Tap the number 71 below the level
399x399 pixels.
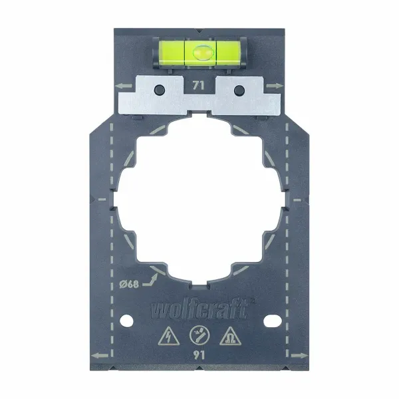point(198,85)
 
